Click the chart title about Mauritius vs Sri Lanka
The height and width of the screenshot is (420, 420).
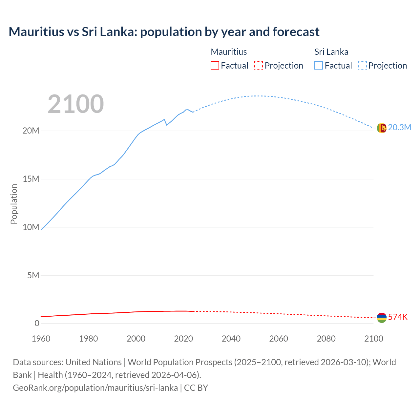pyautogui.click(x=164, y=32)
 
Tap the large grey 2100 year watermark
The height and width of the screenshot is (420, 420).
pyautogui.click(x=76, y=104)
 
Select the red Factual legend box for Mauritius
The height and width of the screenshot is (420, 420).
pyautogui.click(x=215, y=65)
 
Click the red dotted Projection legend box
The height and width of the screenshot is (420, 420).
pyautogui.click(x=259, y=65)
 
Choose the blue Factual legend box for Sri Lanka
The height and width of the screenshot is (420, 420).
pyautogui.click(x=318, y=65)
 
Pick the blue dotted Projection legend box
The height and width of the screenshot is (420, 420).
pyautogui.click(x=362, y=65)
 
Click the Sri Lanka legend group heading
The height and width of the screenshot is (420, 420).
pyautogui.click(x=331, y=52)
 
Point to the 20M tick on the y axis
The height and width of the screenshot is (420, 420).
pyautogui.click(x=31, y=131)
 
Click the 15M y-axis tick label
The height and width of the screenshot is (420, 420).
pyautogui.click(x=31, y=179)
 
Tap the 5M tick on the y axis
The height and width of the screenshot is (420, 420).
pyautogui.click(x=33, y=275)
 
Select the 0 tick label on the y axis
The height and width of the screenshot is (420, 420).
pyautogui.click(x=37, y=323)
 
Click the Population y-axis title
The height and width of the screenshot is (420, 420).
pyautogui.click(x=14, y=204)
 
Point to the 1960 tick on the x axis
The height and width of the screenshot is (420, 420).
pyautogui.click(x=41, y=339)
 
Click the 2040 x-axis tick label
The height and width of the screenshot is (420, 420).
pyautogui.click(x=231, y=339)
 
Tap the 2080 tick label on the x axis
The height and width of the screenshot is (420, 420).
pyautogui.click(x=326, y=339)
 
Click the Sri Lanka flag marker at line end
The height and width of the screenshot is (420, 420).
pyautogui.click(x=382, y=128)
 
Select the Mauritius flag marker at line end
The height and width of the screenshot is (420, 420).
pyautogui.click(x=382, y=318)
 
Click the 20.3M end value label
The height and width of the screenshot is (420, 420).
pyautogui.click(x=399, y=128)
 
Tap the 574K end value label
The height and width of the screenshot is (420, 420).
pyautogui.click(x=398, y=317)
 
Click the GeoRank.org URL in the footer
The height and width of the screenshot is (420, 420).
pyautogui.click(x=95, y=388)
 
